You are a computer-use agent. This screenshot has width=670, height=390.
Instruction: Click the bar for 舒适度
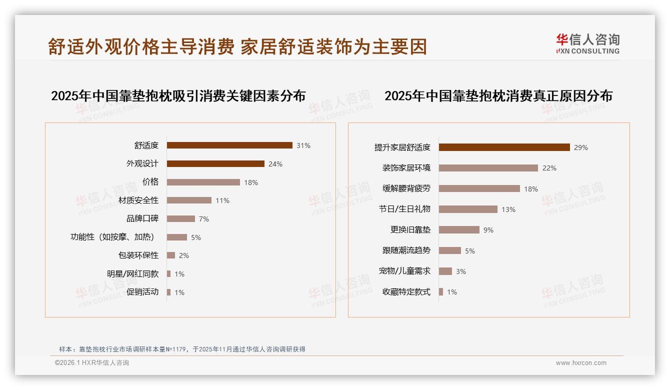click(229, 145)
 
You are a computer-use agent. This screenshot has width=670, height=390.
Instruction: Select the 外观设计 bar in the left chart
click(215, 164)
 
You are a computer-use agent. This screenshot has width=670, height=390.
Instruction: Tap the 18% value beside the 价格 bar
click(251, 182)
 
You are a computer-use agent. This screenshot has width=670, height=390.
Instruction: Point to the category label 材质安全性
click(138, 200)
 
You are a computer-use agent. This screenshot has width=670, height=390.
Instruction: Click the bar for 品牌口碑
click(181, 219)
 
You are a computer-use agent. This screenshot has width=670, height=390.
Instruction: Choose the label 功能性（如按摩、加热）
click(112, 237)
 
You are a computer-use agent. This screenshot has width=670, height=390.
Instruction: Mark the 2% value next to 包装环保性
click(184, 255)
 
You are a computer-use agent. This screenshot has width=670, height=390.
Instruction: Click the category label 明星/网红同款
click(132, 274)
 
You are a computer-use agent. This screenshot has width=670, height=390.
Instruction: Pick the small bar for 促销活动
click(169, 292)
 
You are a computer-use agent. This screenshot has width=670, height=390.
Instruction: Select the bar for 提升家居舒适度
click(504, 147)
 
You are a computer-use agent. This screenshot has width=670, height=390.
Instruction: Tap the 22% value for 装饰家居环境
click(549, 168)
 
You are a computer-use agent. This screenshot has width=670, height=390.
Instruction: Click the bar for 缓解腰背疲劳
click(479, 189)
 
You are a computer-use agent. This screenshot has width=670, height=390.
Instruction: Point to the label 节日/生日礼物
click(404, 209)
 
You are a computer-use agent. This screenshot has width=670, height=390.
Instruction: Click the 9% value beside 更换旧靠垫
click(488, 230)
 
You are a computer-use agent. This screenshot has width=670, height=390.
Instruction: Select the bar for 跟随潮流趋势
click(450, 250)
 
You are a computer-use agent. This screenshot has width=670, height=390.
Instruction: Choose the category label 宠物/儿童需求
click(404, 271)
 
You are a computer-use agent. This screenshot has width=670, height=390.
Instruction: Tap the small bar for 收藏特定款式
click(441, 292)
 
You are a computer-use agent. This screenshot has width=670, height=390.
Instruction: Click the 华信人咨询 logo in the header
click(587, 44)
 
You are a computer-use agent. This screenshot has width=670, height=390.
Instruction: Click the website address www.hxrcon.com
click(581, 363)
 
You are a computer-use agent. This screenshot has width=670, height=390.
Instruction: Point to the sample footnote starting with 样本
click(182, 349)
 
